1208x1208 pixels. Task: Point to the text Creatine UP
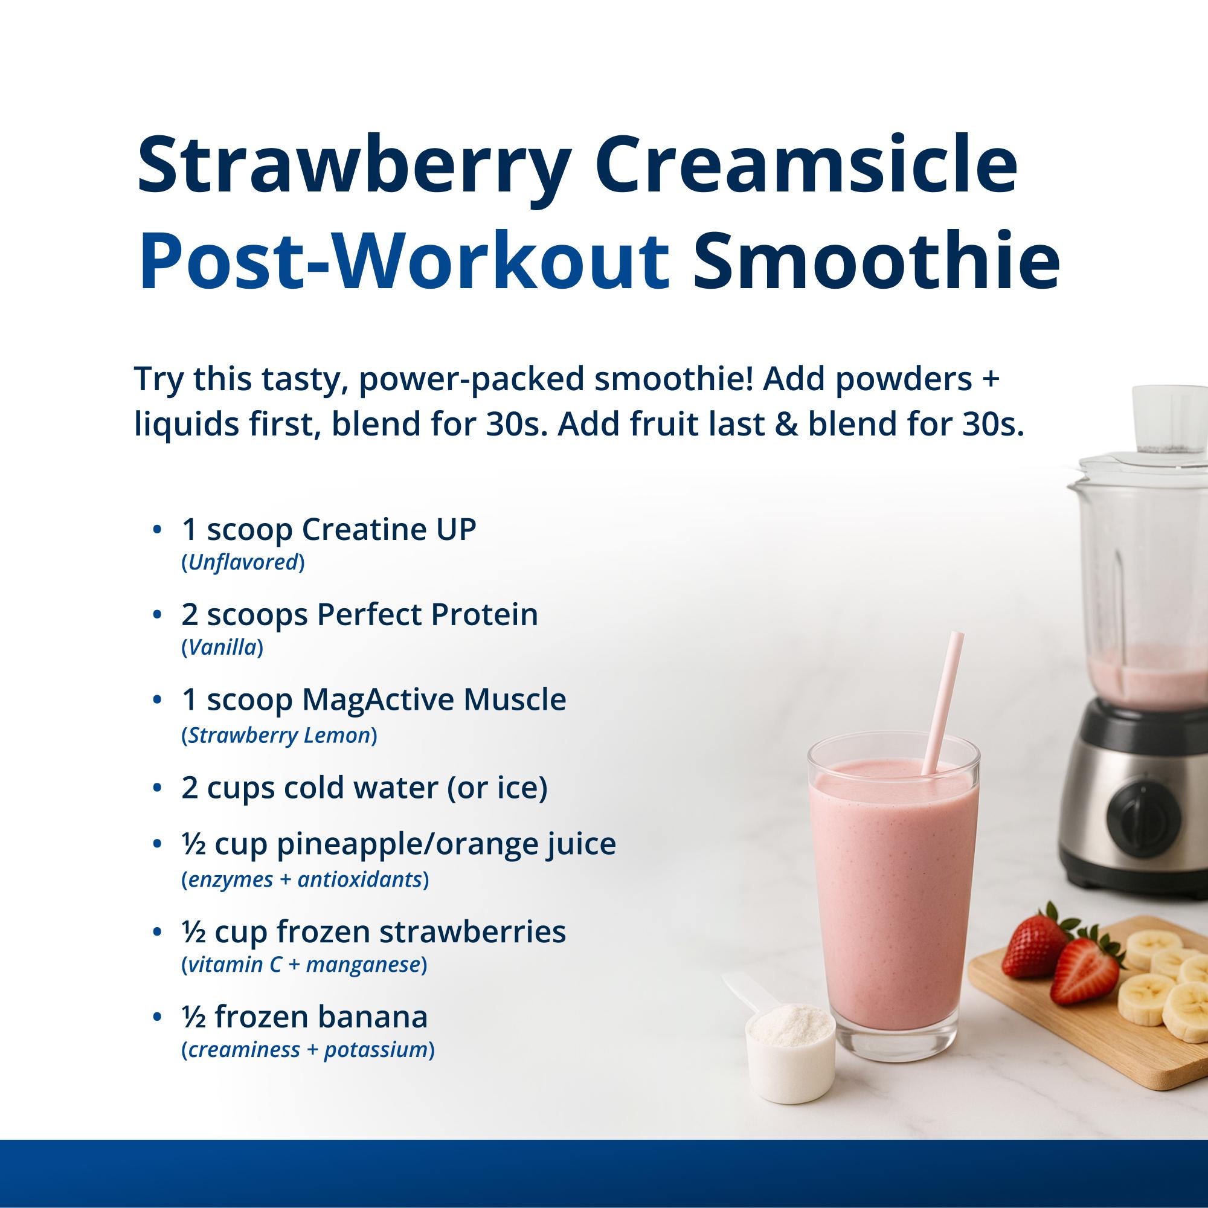(x=389, y=530)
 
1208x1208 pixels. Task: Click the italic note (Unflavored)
(x=243, y=563)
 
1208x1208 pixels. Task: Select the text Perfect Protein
(x=427, y=615)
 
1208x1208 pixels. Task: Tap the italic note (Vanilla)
(x=222, y=647)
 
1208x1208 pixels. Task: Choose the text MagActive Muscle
(x=434, y=699)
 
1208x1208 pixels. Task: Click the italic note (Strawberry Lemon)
(x=279, y=735)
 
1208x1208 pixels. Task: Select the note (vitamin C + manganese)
(x=304, y=965)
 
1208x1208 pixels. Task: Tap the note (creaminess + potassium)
(x=307, y=1050)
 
